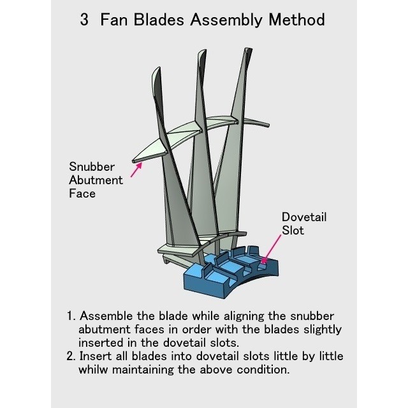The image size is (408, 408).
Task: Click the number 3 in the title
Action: [x=84, y=20]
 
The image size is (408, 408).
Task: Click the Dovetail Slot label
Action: [x=303, y=223]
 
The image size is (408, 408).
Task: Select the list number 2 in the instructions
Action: [x=71, y=356]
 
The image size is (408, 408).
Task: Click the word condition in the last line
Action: [x=263, y=369]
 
